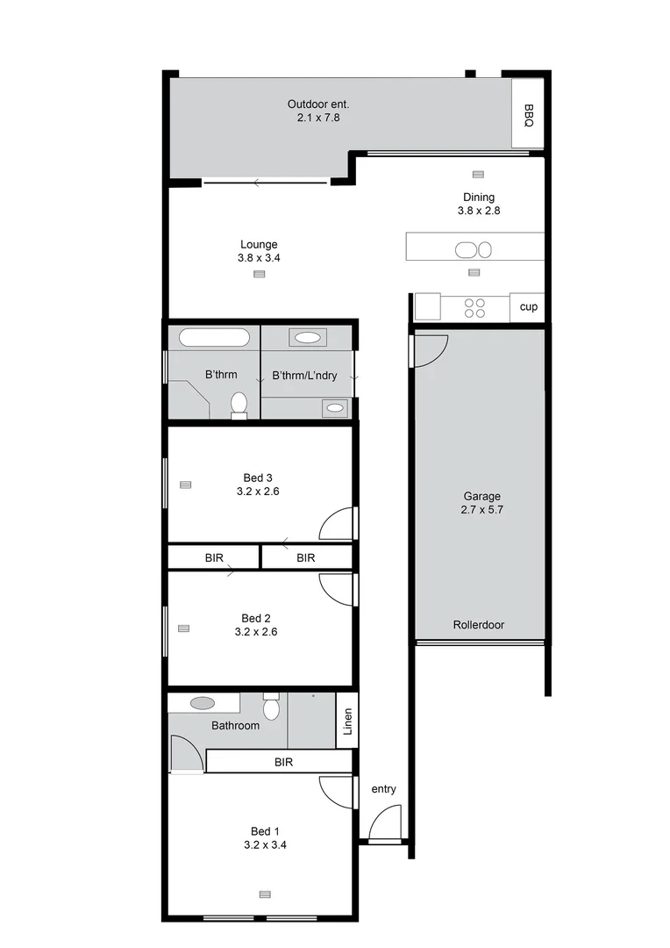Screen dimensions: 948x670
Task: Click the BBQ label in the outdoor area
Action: pos(528,114)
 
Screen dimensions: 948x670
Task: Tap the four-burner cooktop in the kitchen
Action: pos(474,308)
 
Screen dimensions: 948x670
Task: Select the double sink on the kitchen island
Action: pos(473,250)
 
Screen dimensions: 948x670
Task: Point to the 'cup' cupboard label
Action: pos(528,307)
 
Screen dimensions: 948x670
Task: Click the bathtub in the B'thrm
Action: pos(215,338)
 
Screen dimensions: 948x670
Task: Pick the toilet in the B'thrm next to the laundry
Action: pos(239,405)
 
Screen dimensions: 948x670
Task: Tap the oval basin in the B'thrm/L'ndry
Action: pos(307,337)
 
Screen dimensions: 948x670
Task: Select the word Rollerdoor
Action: pos(478,625)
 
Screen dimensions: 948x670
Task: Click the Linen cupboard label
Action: pos(346,722)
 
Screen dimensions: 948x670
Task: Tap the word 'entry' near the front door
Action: pos(383,789)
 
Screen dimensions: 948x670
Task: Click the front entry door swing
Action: pos(383,825)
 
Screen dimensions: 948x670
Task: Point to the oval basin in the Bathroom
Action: pos(203,703)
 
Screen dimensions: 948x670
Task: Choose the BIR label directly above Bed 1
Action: pos(282,762)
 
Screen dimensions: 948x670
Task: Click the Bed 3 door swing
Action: pos(336,524)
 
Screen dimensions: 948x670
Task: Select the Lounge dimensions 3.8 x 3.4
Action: pos(259,258)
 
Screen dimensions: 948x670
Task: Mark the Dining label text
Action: pos(479,197)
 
